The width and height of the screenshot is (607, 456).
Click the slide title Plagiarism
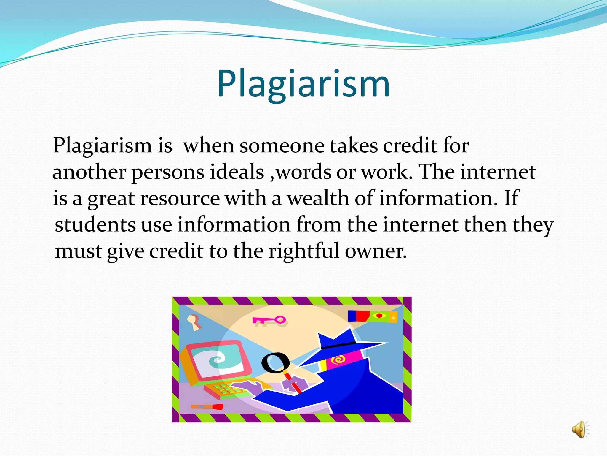pos(303,84)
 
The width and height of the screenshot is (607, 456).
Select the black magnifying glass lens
pos(275,363)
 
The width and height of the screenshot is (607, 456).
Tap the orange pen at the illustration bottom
pos(207,406)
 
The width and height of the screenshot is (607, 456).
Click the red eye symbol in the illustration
pos(379,316)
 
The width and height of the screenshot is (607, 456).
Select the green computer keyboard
pos(225,389)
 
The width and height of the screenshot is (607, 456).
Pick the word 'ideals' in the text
pos(237,172)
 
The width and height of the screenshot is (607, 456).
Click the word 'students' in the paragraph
pos(95,225)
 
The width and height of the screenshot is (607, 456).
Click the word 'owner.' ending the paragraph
pos(376,251)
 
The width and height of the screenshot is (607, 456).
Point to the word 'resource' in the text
pos(180,198)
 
